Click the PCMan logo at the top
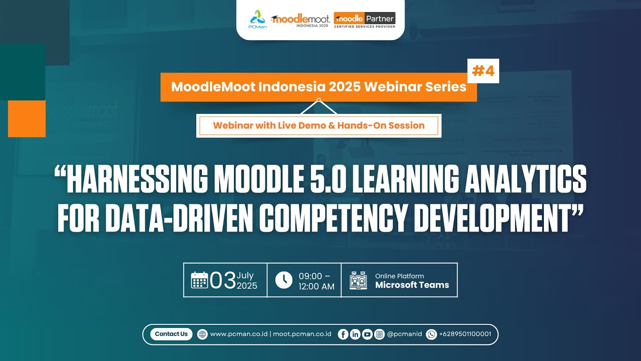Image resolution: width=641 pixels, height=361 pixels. click(x=258, y=19)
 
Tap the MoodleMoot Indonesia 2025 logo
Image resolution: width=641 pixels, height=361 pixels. click(x=300, y=20)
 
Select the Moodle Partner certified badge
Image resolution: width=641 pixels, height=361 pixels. click(x=365, y=20)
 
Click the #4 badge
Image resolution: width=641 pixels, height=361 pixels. click(x=483, y=71)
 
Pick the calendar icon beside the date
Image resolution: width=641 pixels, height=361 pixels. click(x=199, y=280)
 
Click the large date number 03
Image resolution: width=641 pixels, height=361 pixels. click(x=223, y=280)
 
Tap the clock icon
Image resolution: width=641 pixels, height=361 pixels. click(x=283, y=280)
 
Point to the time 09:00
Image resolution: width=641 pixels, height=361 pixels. click(x=310, y=276)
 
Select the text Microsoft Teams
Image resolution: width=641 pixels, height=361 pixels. click(x=412, y=285)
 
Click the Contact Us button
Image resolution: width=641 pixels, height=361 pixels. click(x=171, y=334)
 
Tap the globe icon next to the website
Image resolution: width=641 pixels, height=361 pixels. click(x=202, y=334)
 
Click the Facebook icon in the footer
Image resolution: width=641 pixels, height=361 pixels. click(x=343, y=334)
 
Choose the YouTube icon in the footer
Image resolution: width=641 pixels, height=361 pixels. click(x=367, y=334)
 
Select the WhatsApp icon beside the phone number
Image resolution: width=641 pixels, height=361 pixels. click(x=431, y=334)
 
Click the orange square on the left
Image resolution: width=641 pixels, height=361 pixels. click(x=27, y=118)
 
